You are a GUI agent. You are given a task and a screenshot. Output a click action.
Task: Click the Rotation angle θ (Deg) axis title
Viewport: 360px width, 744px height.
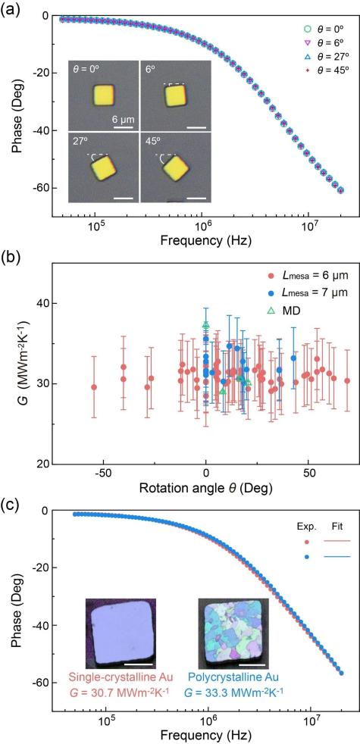tap(205, 487)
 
